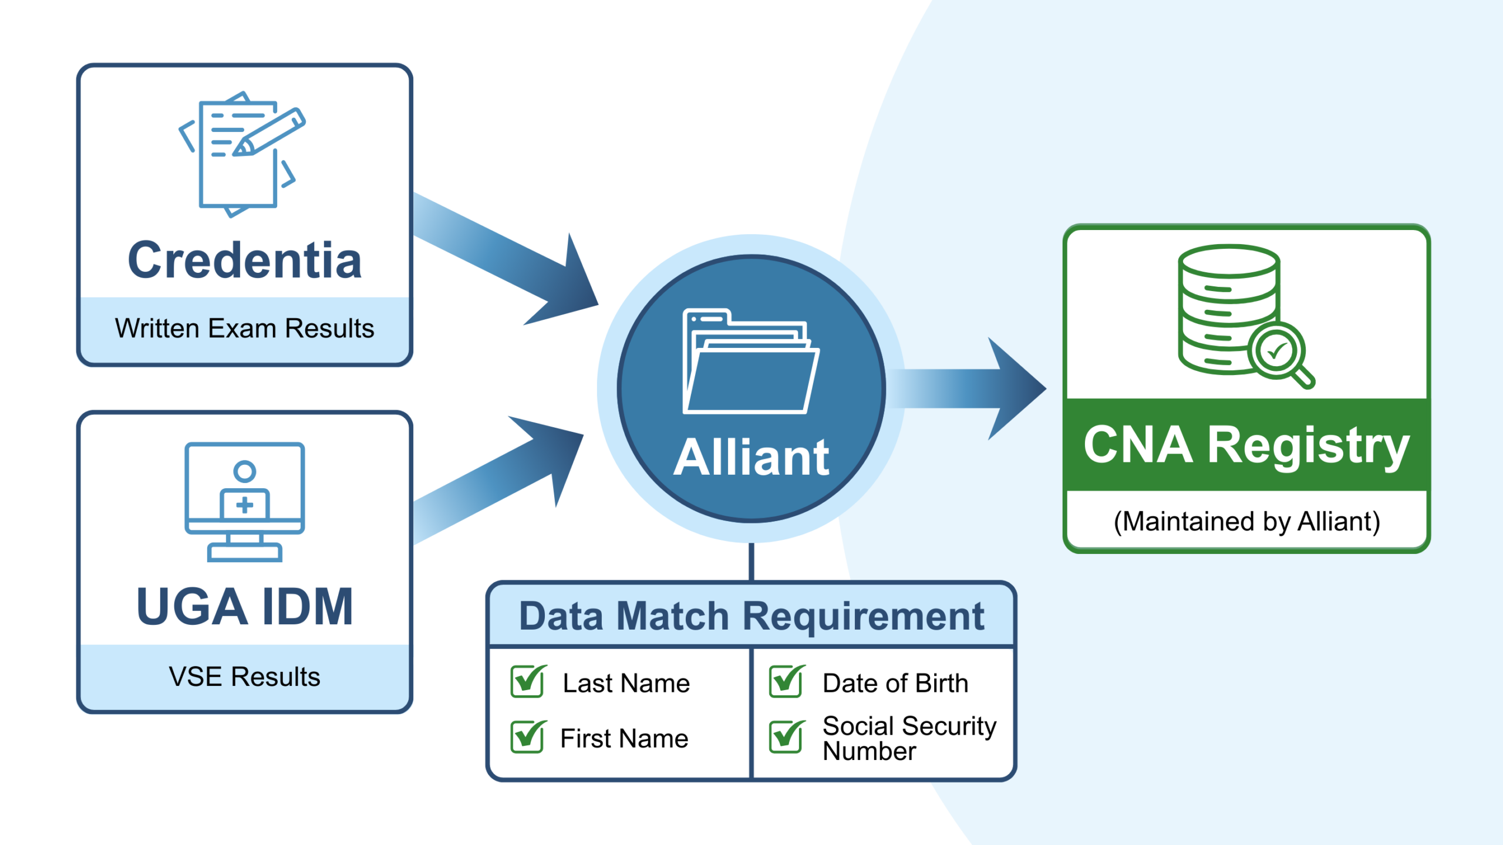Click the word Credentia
coord(244,261)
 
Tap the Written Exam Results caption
coord(244,329)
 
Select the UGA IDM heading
coord(244,607)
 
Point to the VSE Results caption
coord(244,677)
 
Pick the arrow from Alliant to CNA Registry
coord(969,388)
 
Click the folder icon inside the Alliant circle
coord(750,364)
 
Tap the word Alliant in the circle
coord(751,458)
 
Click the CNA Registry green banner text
coord(1246,446)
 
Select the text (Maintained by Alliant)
coord(1246,522)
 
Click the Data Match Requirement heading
coord(751,616)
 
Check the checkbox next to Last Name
coord(527,682)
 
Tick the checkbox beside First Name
coord(527,737)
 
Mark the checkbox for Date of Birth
coord(786,682)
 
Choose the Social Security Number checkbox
coord(786,737)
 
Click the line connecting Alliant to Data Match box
coord(751,562)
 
